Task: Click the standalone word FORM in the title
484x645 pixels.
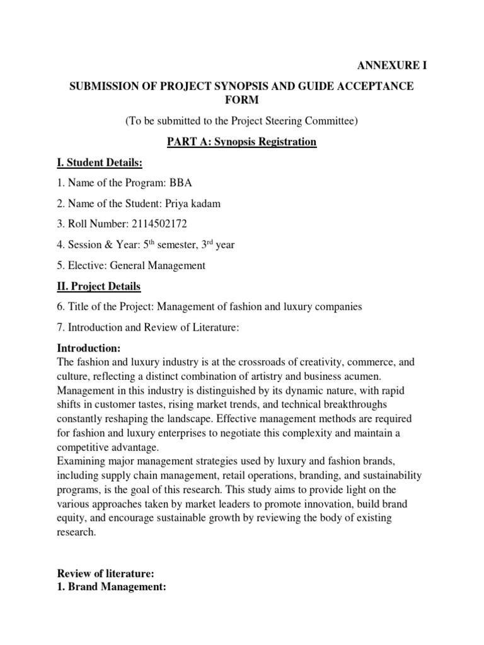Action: pyautogui.click(x=241, y=101)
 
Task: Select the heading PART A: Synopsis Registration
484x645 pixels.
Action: pyautogui.click(x=241, y=142)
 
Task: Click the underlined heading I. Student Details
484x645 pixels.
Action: pyautogui.click(x=100, y=163)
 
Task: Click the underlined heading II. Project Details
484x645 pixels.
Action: pyautogui.click(x=99, y=287)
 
